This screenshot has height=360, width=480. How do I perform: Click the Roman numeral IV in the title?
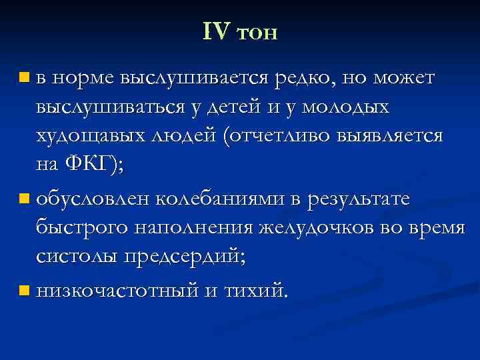click(216, 31)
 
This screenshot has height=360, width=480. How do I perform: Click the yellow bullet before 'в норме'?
click(25, 79)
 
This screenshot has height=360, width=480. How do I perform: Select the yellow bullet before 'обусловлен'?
click(25, 198)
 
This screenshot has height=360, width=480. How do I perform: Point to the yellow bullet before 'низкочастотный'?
click(25, 291)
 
